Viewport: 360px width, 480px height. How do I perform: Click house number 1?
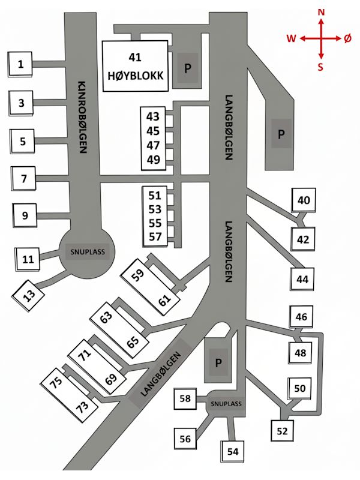pos(21,64)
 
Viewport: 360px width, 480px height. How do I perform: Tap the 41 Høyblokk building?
pos(135,66)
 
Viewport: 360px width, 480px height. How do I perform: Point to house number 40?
pos(304,200)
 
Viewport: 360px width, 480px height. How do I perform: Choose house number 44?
pos(302,279)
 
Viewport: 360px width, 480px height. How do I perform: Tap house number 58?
pos(186,398)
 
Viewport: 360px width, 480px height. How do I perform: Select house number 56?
pos(185,439)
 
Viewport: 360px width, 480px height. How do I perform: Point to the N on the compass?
pos(322,11)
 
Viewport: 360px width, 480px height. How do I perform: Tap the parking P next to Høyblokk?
pos(187,68)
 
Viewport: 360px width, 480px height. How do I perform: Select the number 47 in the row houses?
pos(153,145)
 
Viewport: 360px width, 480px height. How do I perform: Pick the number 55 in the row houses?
pos(155,223)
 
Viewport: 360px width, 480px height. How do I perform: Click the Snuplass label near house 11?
pos(87,253)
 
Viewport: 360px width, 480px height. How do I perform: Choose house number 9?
pos(25,215)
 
